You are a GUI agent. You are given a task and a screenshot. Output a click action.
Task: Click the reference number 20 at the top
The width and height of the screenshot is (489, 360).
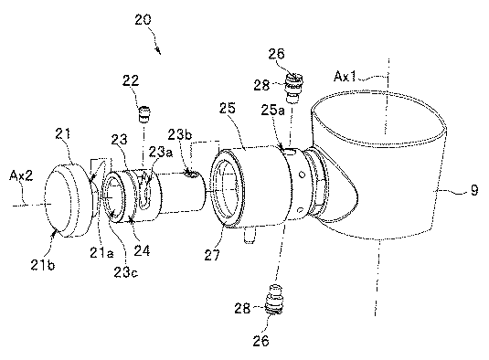pos(144,20)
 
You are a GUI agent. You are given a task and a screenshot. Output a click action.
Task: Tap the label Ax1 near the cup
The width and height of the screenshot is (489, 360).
pos(345,77)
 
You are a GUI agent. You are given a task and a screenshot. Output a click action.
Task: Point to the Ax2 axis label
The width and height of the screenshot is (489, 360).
pos(21,175)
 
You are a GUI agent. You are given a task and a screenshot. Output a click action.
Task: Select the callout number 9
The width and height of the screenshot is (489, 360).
pos(474,190)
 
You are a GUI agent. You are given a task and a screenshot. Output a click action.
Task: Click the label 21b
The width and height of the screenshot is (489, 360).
pos(43,265)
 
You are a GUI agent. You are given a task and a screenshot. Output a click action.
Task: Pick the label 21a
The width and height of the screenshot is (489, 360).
pos(101,252)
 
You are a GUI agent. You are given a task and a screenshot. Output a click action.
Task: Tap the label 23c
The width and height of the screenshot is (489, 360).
pos(126,272)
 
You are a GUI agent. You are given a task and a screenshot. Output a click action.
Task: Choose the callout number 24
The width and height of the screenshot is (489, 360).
pos(142,250)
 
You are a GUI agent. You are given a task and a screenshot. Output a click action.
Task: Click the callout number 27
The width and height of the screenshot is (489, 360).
pos(212,255)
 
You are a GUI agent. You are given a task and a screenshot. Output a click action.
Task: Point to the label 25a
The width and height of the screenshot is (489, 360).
pos(273,111)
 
